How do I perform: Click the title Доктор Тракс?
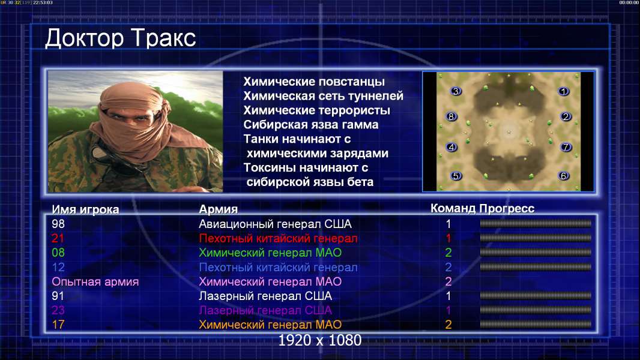click(x=121, y=38)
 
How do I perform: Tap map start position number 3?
click(x=456, y=91)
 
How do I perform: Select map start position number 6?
click(x=564, y=176)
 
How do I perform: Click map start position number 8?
click(x=451, y=116)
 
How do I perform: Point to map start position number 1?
click(x=564, y=91)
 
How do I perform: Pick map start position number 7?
click(x=566, y=147)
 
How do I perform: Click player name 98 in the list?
click(x=58, y=224)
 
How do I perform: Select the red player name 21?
click(x=58, y=238)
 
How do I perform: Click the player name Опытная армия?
click(x=95, y=282)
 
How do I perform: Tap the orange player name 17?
click(x=58, y=325)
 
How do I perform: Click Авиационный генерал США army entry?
click(x=275, y=224)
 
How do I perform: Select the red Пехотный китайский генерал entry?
click(x=278, y=239)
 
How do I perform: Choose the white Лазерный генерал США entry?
click(x=265, y=296)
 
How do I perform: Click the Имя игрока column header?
click(x=85, y=209)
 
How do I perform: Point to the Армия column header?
click(x=218, y=209)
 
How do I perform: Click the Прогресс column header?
click(x=507, y=209)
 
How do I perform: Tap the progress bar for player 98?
click(x=536, y=223)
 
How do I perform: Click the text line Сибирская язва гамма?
click(x=311, y=125)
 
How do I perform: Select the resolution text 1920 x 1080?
click(x=320, y=340)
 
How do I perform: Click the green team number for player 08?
click(x=448, y=253)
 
